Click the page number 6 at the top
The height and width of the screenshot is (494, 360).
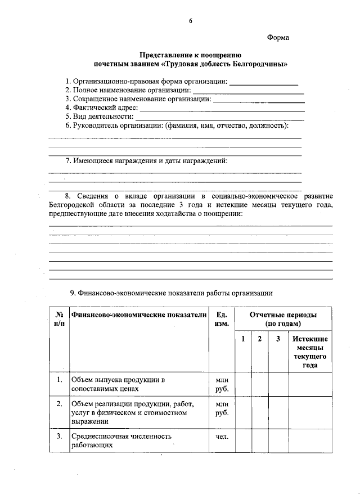pyautogui.click(x=191, y=21)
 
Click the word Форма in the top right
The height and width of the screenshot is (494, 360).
pyautogui.click(x=278, y=38)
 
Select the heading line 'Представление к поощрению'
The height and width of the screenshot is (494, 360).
pyautogui.click(x=190, y=55)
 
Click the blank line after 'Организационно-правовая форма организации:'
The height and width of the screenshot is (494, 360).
pyautogui.click(x=264, y=83)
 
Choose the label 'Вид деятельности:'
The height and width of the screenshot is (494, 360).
pyautogui.click(x=99, y=116)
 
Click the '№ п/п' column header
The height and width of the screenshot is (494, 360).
pyautogui.click(x=59, y=319)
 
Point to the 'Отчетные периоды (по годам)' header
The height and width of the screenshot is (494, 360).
pyautogui.click(x=283, y=319)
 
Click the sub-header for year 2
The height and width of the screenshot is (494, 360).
pyautogui.click(x=259, y=339)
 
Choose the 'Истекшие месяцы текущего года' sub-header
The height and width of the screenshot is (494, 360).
pyautogui.click(x=309, y=352)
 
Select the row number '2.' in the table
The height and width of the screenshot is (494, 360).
pyautogui.click(x=59, y=404)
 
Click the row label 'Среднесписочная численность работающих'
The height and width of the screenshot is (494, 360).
pyautogui.click(x=121, y=441)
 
